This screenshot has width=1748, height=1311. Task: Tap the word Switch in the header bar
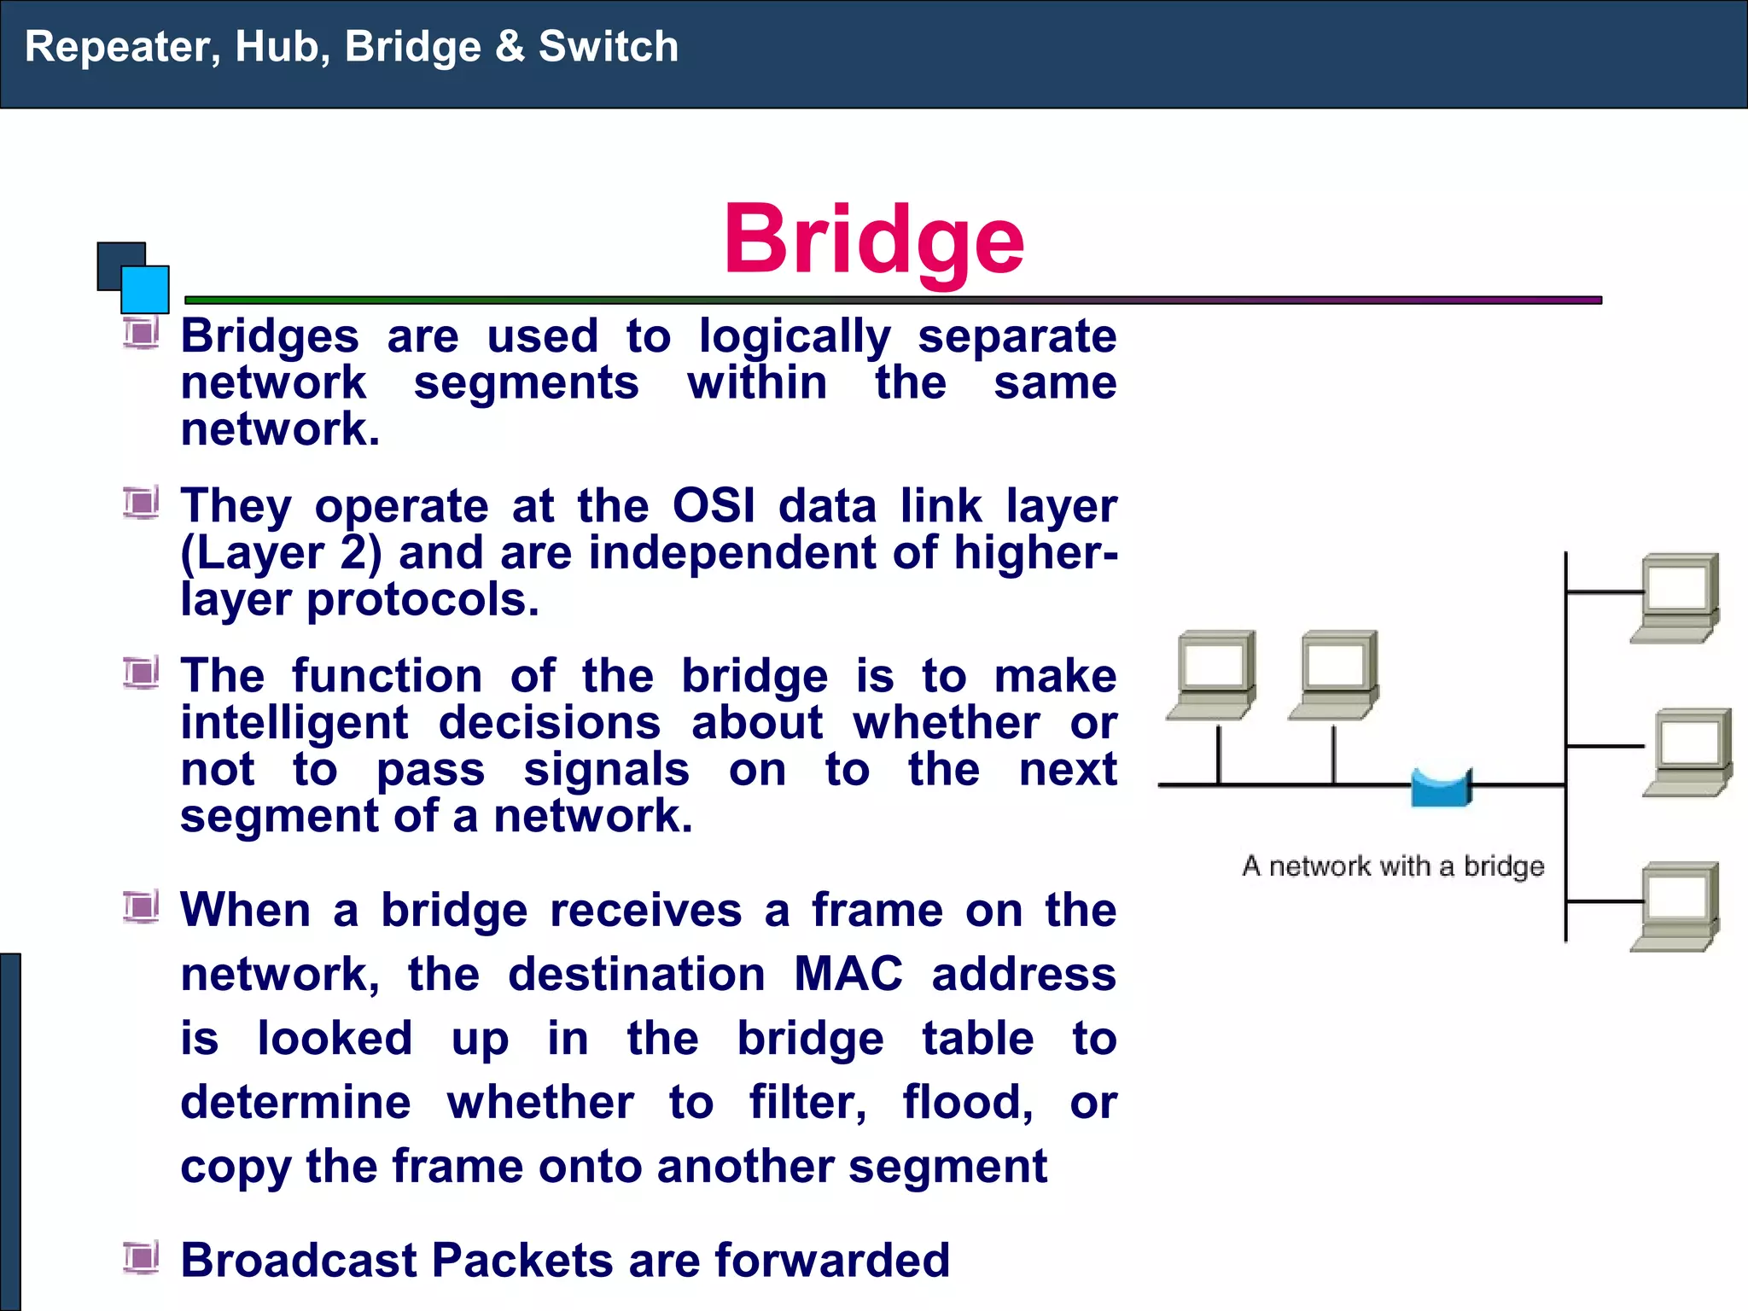(x=608, y=47)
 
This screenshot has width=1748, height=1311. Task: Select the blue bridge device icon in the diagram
(x=1441, y=788)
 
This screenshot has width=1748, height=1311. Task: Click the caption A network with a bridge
(x=1393, y=866)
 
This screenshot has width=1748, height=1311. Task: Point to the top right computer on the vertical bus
(x=1676, y=597)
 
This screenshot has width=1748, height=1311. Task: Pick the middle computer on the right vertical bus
(x=1688, y=752)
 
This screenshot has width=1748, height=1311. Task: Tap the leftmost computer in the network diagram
(x=1213, y=674)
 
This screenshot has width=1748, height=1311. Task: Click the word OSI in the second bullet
(x=714, y=506)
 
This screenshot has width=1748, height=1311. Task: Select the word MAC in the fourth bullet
(x=848, y=974)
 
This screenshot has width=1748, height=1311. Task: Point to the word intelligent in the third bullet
(x=294, y=723)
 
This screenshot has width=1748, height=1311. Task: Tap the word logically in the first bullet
(x=795, y=336)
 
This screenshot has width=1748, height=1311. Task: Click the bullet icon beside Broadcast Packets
(x=141, y=1257)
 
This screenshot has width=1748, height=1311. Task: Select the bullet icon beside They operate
(x=141, y=503)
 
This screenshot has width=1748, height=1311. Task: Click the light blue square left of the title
(x=145, y=289)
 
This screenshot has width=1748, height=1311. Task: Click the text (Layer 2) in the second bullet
(x=281, y=553)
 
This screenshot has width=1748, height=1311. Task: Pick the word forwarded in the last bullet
(x=831, y=1261)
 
